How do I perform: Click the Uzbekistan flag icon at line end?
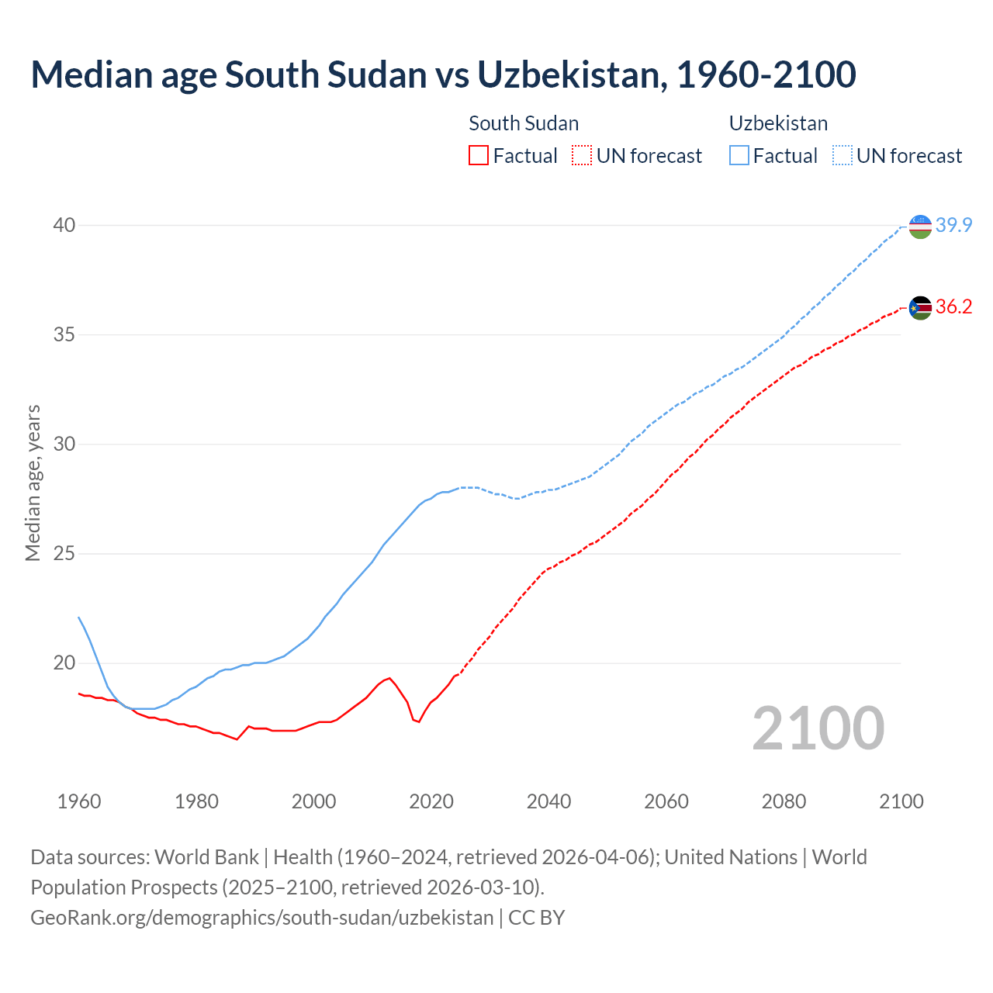(920, 227)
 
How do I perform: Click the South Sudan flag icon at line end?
(920, 308)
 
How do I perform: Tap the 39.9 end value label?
(953, 225)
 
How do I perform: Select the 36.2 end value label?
(953, 306)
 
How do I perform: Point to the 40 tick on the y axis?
(64, 225)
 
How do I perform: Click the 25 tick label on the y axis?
(64, 553)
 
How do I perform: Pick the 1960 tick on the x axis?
(79, 801)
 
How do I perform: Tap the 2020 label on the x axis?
(431, 801)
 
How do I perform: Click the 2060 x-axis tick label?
(666, 801)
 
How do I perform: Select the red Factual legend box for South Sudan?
(479, 156)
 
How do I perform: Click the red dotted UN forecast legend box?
(582, 156)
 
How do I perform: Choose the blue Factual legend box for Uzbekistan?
(739, 156)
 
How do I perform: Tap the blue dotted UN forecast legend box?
(842, 156)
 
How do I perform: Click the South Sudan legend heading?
(524, 123)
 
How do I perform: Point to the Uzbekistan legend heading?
(778, 123)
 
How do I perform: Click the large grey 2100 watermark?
(818, 728)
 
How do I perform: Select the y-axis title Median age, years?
(33, 483)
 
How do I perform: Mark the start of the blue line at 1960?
(79, 618)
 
